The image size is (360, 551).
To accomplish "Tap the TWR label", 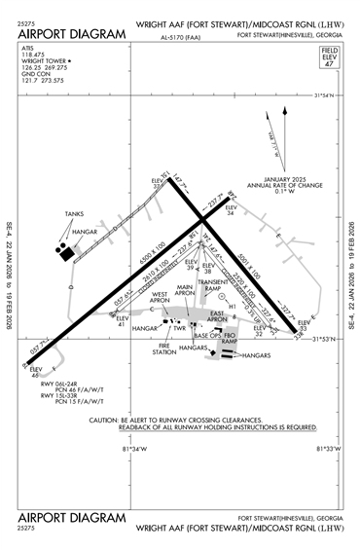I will [x=179, y=328].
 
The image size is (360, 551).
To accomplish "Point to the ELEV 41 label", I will [x=123, y=321].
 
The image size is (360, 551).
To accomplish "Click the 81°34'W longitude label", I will [x=134, y=448].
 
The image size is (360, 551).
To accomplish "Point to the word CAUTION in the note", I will [x=103, y=420].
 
